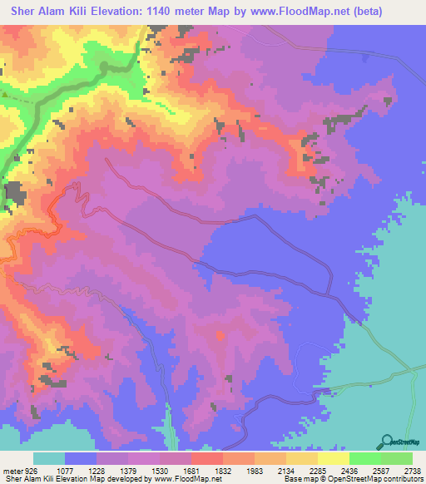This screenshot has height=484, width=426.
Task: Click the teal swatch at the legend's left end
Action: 49,458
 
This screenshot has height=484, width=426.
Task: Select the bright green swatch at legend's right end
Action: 397,458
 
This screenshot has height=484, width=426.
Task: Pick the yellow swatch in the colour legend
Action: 333,458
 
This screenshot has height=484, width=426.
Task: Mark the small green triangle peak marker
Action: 4,95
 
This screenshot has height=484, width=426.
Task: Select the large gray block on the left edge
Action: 14,193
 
